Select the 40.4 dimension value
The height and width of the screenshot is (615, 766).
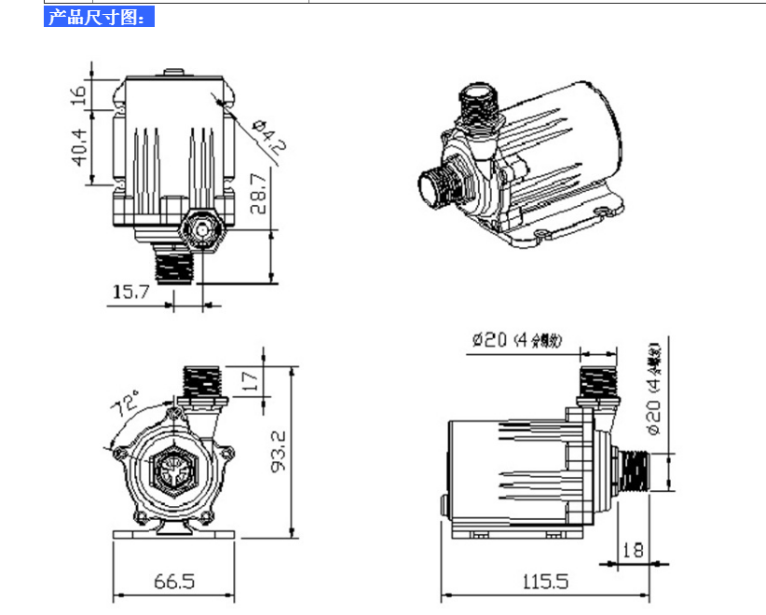click(x=80, y=146)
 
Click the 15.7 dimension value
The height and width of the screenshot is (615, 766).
click(x=131, y=292)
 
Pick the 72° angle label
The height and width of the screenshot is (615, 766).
click(x=127, y=407)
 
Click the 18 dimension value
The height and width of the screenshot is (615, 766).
click(x=632, y=550)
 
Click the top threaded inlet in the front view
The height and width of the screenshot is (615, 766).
click(x=206, y=381)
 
